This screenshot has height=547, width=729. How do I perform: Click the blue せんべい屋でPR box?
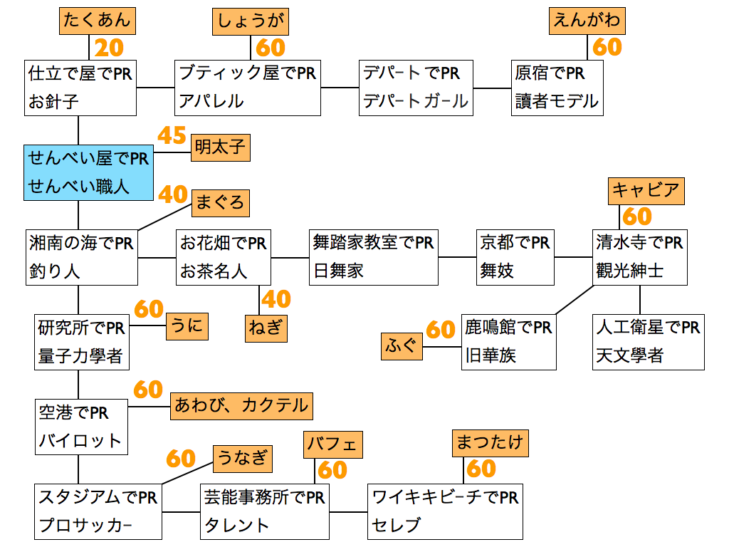tap(89, 172)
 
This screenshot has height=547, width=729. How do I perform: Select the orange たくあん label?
tap(98, 20)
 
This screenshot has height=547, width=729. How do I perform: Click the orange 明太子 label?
tap(221, 148)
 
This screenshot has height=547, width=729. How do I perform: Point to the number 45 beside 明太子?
tap(172, 135)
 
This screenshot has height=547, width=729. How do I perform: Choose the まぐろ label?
tap(220, 203)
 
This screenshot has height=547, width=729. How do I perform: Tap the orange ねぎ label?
tap(266, 328)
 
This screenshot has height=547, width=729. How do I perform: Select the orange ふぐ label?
tap(402, 347)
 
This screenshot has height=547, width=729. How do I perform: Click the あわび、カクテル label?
tap(241, 406)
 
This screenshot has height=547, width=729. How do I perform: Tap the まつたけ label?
tap(489, 443)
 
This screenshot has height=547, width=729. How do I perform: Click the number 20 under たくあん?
tap(109, 48)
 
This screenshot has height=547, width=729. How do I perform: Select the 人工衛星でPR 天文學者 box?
tap(648, 341)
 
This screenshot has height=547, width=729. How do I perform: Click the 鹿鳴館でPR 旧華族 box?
tap(508, 341)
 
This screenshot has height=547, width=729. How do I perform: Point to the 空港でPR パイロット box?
tap(80, 427)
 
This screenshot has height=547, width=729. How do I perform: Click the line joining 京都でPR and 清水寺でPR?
tap(574, 256)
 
